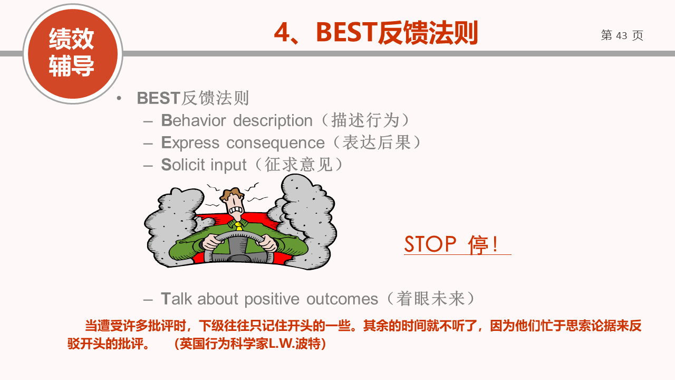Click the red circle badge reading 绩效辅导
click(73, 54)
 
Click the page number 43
click(621, 35)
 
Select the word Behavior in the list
click(194, 120)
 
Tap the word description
click(273, 121)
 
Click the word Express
click(190, 143)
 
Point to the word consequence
click(275, 143)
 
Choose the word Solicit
click(183, 165)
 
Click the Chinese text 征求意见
click(298, 165)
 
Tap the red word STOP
click(430, 244)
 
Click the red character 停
click(478, 244)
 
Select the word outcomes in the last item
click(342, 299)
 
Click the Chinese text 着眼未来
click(430, 299)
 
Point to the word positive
click(272, 299)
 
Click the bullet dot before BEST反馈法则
click(119, 98)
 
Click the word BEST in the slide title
click(346, 32)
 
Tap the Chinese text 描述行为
click(365, 121)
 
